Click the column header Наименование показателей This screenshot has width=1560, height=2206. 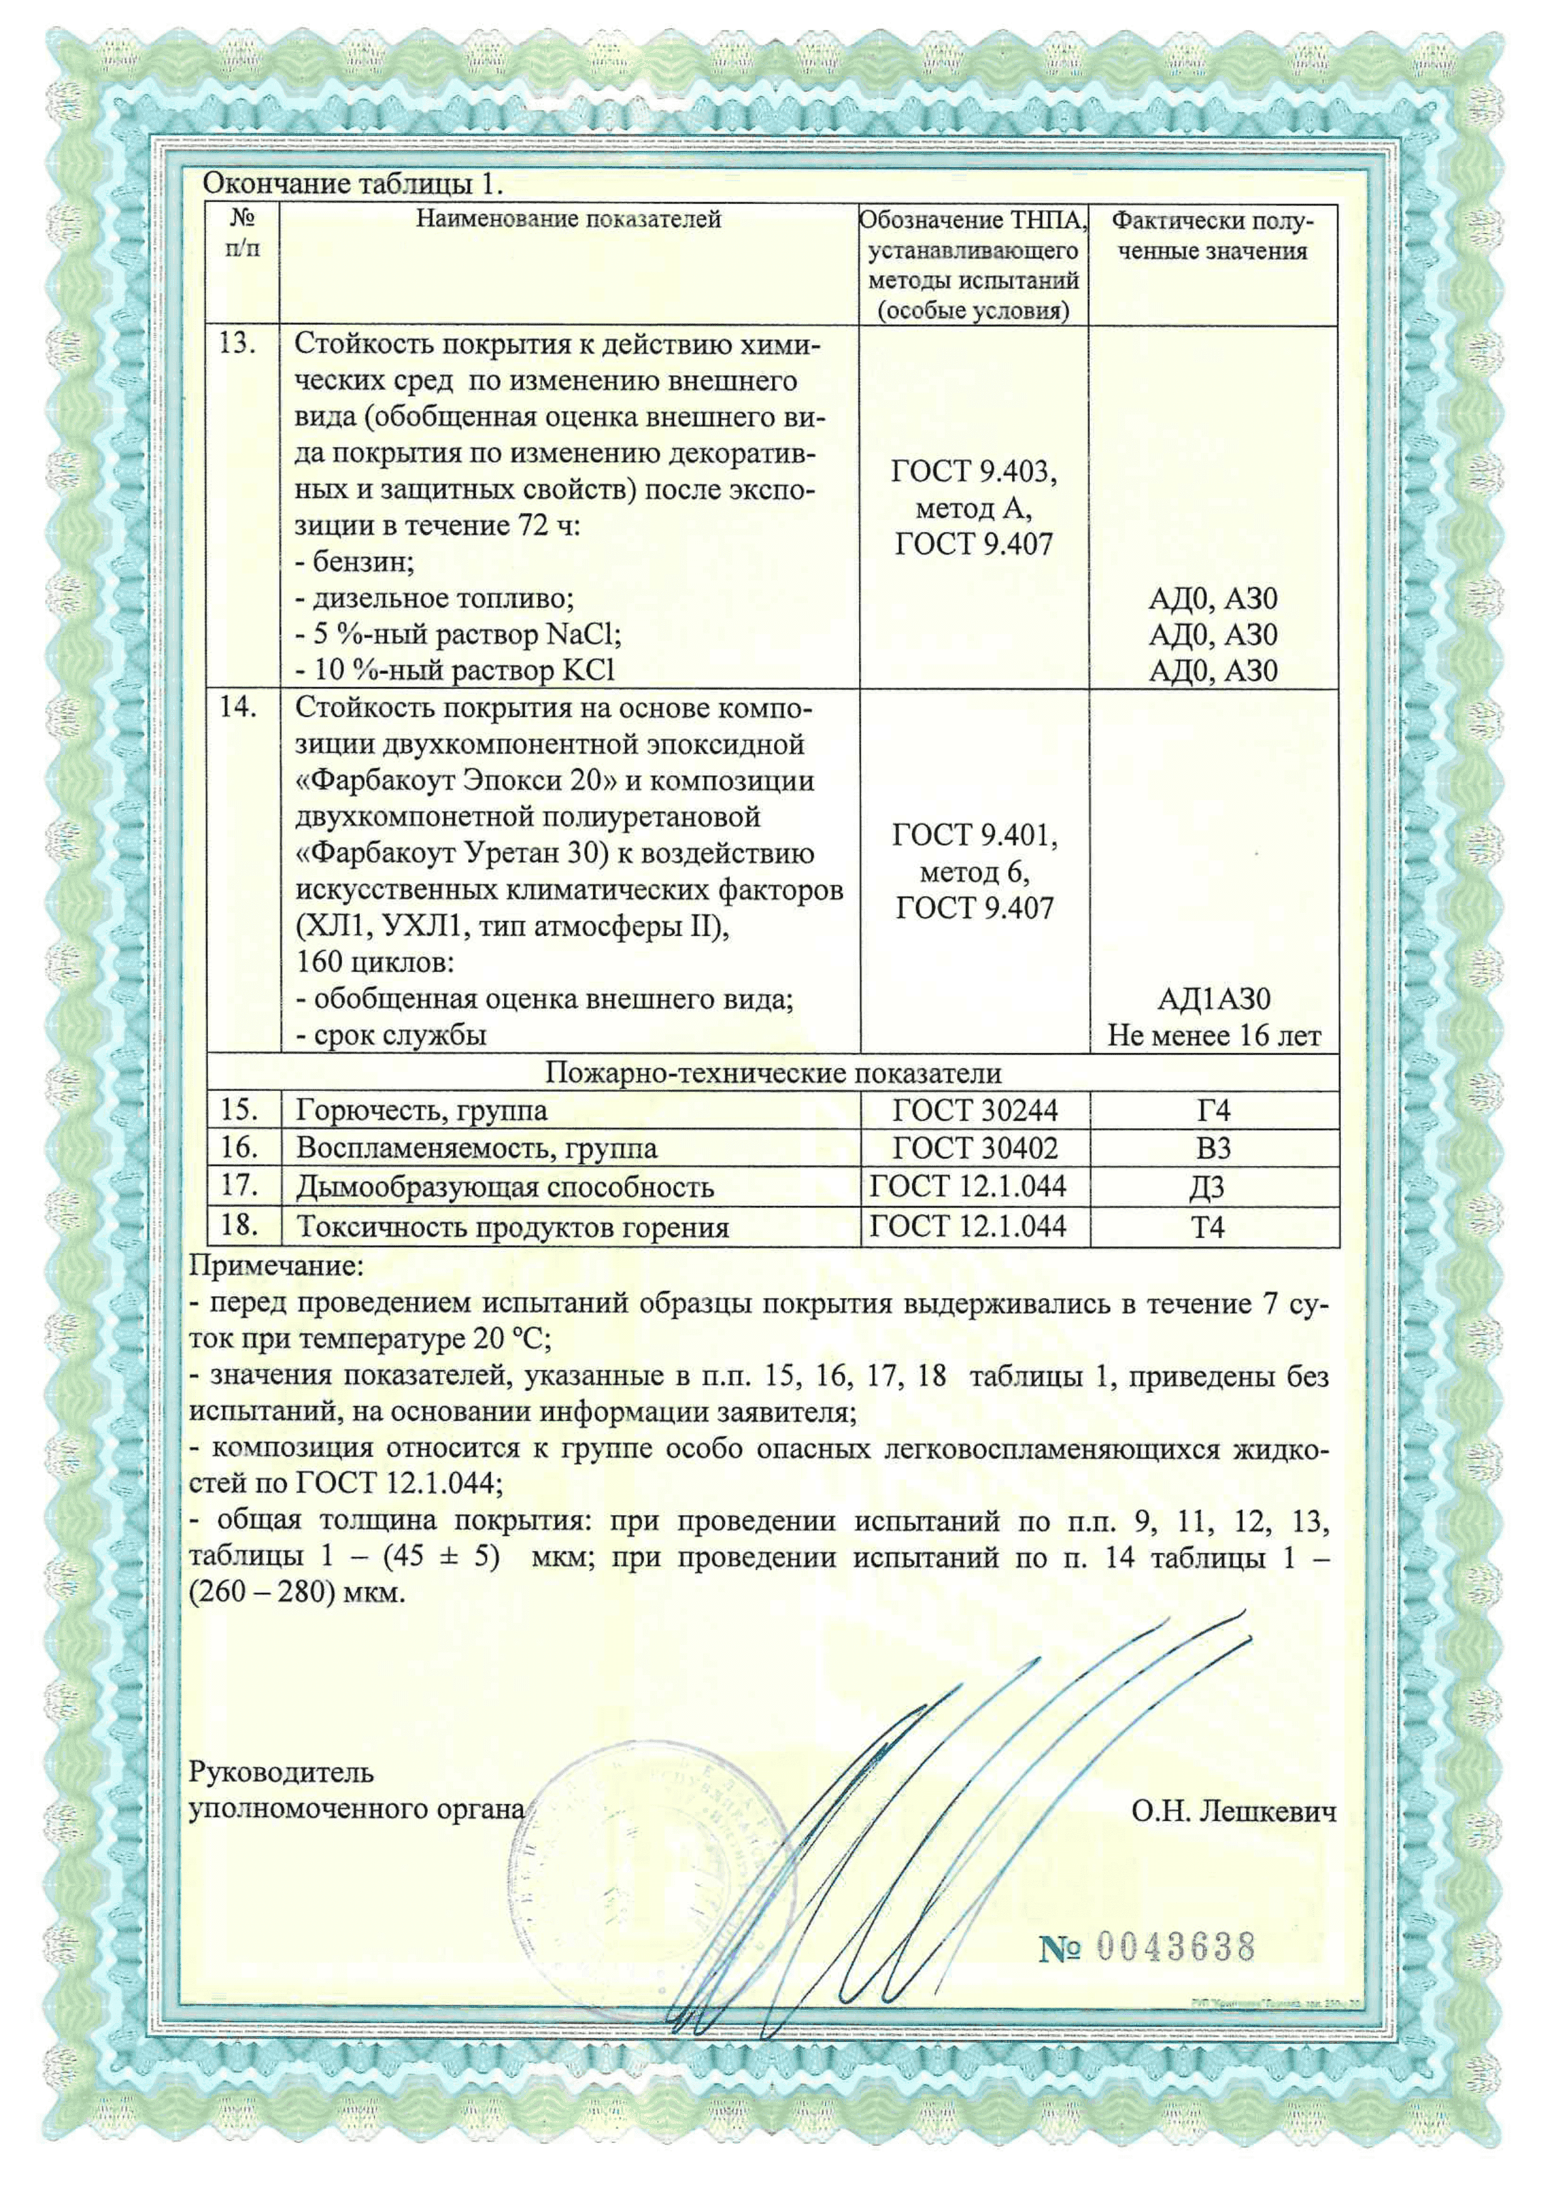click(x=568, y=219)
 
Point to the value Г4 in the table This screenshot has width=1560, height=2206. click(x=1213, y=1111)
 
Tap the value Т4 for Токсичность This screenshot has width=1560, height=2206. click(x=1207, y=1227)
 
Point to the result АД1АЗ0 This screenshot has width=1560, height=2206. click(x=1213, y=1000)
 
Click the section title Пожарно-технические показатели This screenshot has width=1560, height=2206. click(x=773, y=1072)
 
